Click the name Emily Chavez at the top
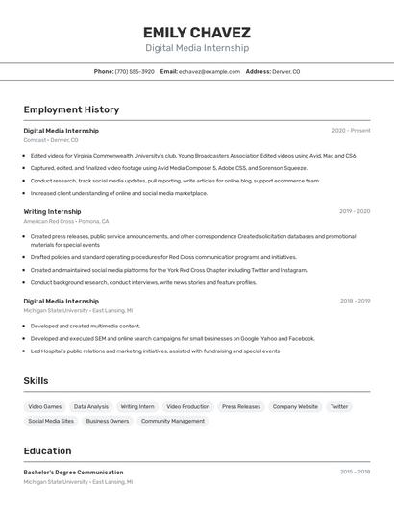(197, 32)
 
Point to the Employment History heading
(71, 109)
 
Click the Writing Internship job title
(52, 211)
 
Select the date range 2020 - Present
(351, 131)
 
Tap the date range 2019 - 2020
(354, 211)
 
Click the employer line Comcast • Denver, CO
(51, 140)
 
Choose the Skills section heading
(36, 381)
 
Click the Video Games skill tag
(44, 407)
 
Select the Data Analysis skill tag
(91, 407)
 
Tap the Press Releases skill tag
(241, 407)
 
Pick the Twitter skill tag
(339, 407)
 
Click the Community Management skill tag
(173, 421)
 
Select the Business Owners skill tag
(108, 421)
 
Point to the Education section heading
(47, 451)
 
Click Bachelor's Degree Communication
(73, 473)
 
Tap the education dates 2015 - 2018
(355, 473)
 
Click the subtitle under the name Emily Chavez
(197, 47)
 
